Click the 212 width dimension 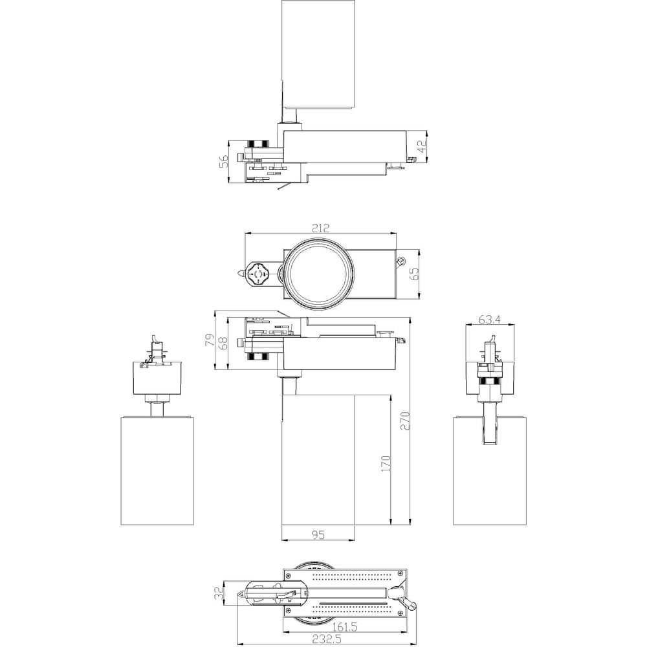tap(321, 228)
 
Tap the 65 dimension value tap(414, 274)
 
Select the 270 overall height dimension tap(405, 421)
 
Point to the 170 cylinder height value tap(386, 464)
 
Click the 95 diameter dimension tap(318, 535)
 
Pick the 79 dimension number tap(210, 340)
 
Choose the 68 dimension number tap(223, 344)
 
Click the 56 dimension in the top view tap(223, 161)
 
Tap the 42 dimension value tap(421, 146)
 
